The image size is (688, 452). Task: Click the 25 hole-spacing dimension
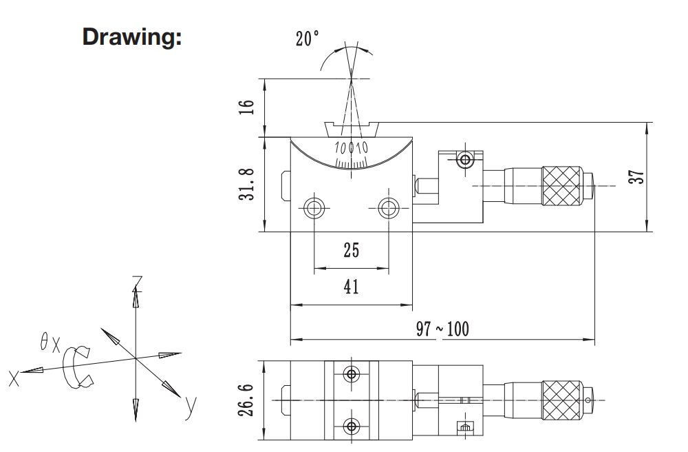pos(351,250)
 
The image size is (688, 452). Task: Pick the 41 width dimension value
pos(351,286)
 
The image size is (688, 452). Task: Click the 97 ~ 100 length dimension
pos(442,329)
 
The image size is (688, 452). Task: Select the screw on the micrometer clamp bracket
pos(465,161)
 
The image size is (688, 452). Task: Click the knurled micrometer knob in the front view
pos(562,186)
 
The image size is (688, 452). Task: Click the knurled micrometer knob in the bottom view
pos(562,399)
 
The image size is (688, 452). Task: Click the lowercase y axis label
pos(191,408)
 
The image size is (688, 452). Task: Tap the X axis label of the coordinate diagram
pos(13,378)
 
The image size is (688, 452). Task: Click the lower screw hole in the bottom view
pos(352,425)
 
